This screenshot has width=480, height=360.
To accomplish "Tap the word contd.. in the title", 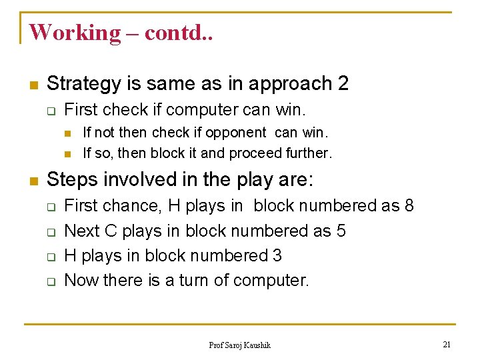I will pyautogui.click(x=177, y=32).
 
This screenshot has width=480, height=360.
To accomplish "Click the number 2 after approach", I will pyautogui.click(x=343, y=84).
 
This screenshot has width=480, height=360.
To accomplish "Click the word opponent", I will pyautogui.click(x=237, y=133).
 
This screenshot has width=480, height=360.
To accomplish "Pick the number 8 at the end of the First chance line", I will pyautogui.click(x=409, y=206).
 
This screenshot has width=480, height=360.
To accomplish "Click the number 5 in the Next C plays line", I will pyautogui.click(x=341, y=231).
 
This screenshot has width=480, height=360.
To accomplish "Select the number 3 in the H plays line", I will pyautogui.click(x=277, y=255).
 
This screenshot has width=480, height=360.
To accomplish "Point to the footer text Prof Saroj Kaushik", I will pyautogui.click(x=240, y=345).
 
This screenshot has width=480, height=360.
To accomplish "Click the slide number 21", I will pyautogui.click(x=447, y=344).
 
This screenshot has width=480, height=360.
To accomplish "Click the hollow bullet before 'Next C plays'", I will pyautogui.click(x=51, y=232).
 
